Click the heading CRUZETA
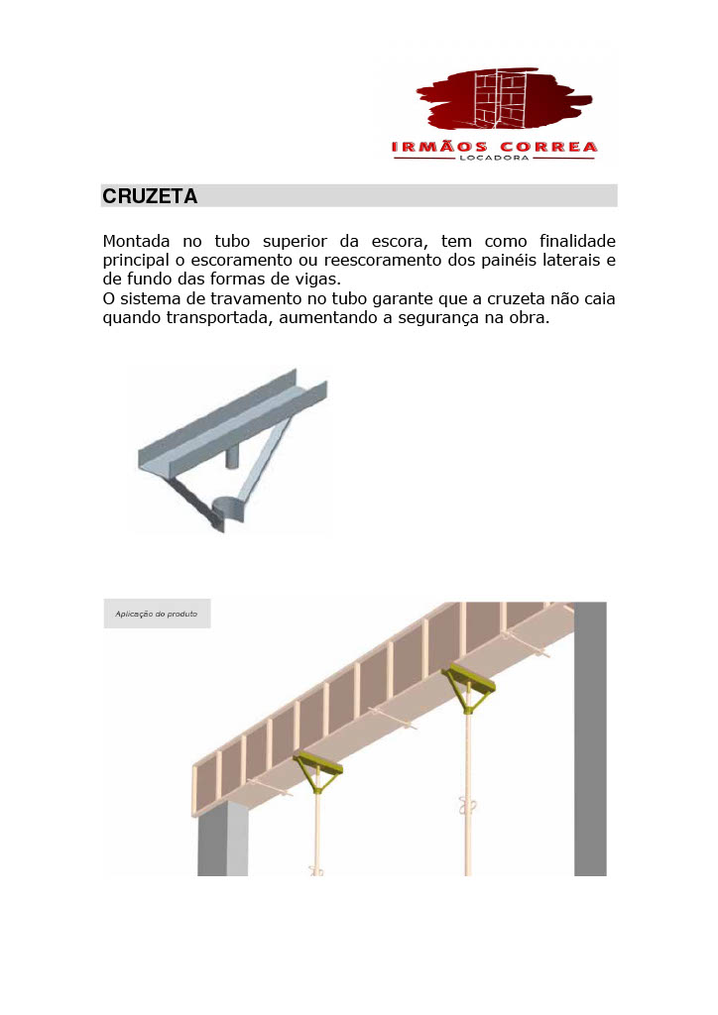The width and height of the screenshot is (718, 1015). coord(150,196)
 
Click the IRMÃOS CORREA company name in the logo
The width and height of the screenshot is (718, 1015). coord(494,148)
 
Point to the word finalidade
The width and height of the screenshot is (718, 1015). coord(577,242)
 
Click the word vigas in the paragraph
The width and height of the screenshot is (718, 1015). coord(315,280)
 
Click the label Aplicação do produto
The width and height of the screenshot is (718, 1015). coord(157,614)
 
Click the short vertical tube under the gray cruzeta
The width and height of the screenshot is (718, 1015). coord(235,457)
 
